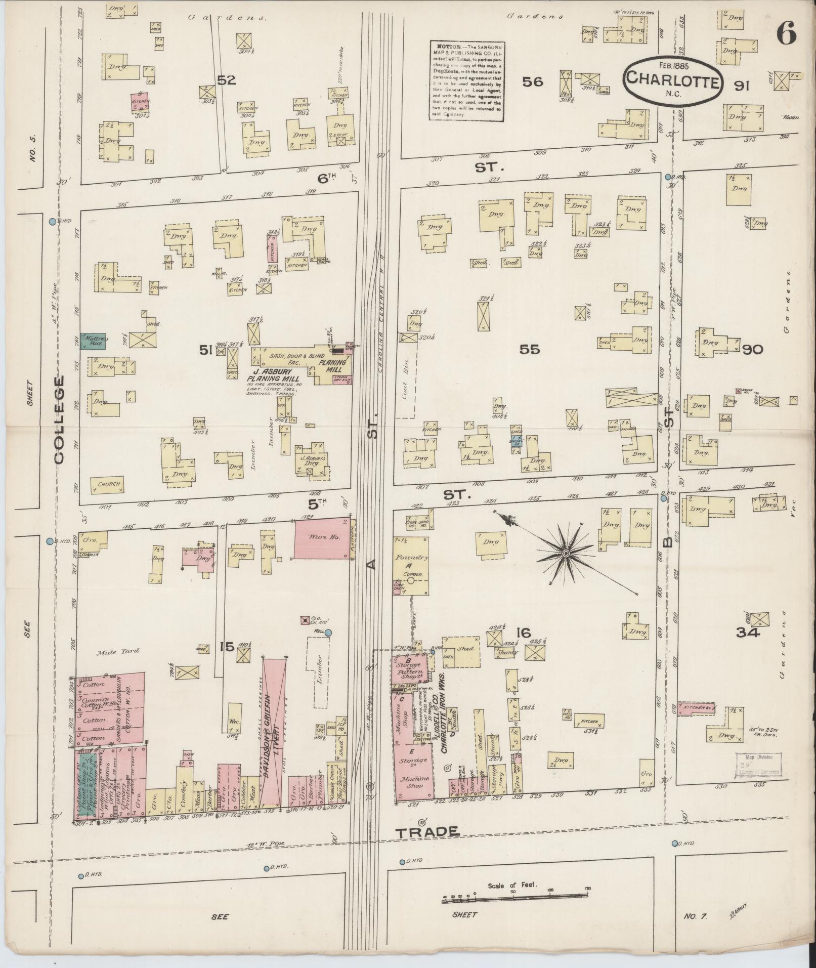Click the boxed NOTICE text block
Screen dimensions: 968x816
(467, 81)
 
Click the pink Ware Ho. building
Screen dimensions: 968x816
(322, 538)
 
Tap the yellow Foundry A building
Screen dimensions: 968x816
(411, 566)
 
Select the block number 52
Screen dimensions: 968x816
(226, 80)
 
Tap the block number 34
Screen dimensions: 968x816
(748, 632)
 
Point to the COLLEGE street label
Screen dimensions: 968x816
(59, 419)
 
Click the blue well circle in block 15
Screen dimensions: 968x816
(328, 633)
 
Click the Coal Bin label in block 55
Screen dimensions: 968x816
(406, 389)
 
